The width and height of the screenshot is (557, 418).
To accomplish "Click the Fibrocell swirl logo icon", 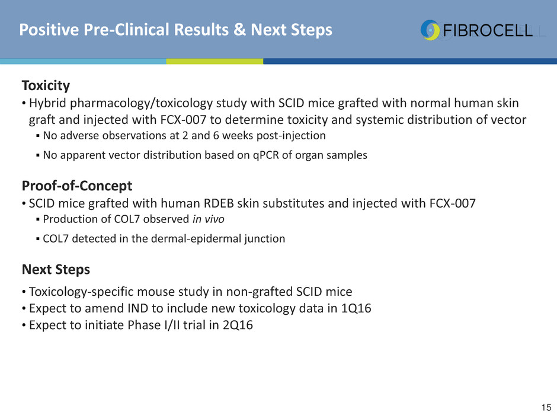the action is point(430,30).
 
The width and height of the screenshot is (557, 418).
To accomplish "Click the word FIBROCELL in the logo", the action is point(488,31).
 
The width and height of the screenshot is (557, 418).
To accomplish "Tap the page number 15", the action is point(546,407).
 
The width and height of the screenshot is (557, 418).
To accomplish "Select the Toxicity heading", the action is point(46,85).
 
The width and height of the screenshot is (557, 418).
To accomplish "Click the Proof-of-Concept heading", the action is point(77,186).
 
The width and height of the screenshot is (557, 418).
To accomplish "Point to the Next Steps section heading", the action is point(56,269).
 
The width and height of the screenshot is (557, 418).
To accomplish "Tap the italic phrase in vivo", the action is point(209,219).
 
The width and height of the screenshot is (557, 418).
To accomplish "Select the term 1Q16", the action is point(356,308).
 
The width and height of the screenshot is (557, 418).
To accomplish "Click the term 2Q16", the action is point(238,325).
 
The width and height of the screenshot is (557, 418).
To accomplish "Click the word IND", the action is point(138,308).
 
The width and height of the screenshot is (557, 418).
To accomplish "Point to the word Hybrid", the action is point(47,103).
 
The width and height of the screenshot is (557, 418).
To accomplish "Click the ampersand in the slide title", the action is point(240,30).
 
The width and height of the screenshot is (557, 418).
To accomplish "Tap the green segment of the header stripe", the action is point(215,61).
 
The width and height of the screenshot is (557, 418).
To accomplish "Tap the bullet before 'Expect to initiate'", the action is point(24,326).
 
